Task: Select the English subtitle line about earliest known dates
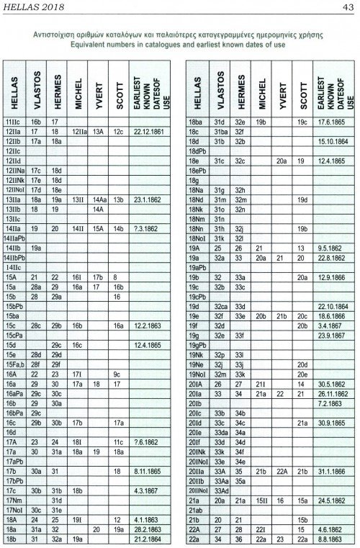179,45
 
